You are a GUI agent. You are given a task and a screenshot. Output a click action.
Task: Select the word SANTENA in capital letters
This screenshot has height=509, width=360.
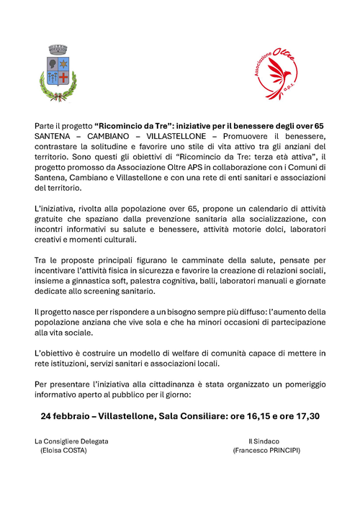click(x=56, y=136)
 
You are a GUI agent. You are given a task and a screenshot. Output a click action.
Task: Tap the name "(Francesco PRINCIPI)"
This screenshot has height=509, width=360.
click(x=266, y=451)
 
